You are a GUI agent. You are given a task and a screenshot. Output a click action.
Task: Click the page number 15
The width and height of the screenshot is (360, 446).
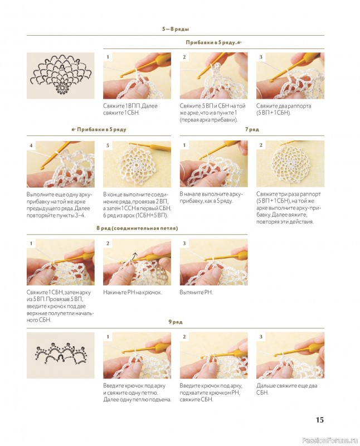tap(320, 420)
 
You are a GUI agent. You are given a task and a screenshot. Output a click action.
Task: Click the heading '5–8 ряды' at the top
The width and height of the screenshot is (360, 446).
tap(176, 29)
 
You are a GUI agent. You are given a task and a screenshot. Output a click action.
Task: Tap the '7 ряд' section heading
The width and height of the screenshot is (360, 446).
tap(252, 129)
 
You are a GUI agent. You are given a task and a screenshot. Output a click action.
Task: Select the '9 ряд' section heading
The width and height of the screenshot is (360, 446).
tap(176, 322)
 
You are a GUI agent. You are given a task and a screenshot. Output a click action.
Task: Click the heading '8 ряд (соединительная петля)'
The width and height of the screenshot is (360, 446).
tap(137, 228)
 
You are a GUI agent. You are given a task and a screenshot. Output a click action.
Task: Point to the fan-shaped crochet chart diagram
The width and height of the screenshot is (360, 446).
tap(61, 74)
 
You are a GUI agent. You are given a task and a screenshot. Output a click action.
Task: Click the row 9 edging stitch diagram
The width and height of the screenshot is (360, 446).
tap(60, 353)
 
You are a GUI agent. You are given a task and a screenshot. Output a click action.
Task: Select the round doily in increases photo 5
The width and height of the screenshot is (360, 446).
tap(138, 164)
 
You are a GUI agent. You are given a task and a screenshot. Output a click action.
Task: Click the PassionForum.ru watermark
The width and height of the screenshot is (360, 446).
tap(329, 440)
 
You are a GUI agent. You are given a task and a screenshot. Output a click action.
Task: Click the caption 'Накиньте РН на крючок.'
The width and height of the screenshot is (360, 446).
tap(133, 292)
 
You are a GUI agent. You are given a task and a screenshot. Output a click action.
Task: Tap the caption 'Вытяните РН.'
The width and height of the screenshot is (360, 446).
tap(196, 292)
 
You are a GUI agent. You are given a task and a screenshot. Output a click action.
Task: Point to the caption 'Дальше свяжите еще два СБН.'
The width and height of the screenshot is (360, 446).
tap(286, 389)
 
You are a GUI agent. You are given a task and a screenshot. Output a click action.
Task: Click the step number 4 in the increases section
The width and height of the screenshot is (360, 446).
tap(31, 146)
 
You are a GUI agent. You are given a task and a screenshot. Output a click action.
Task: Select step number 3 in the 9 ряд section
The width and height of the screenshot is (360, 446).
tap(261, 337)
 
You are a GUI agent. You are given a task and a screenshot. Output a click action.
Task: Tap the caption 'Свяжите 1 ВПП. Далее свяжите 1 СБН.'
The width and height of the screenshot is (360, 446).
tap(130, 109)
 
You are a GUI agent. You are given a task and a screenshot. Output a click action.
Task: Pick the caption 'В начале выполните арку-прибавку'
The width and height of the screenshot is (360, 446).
tap(211, 197)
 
